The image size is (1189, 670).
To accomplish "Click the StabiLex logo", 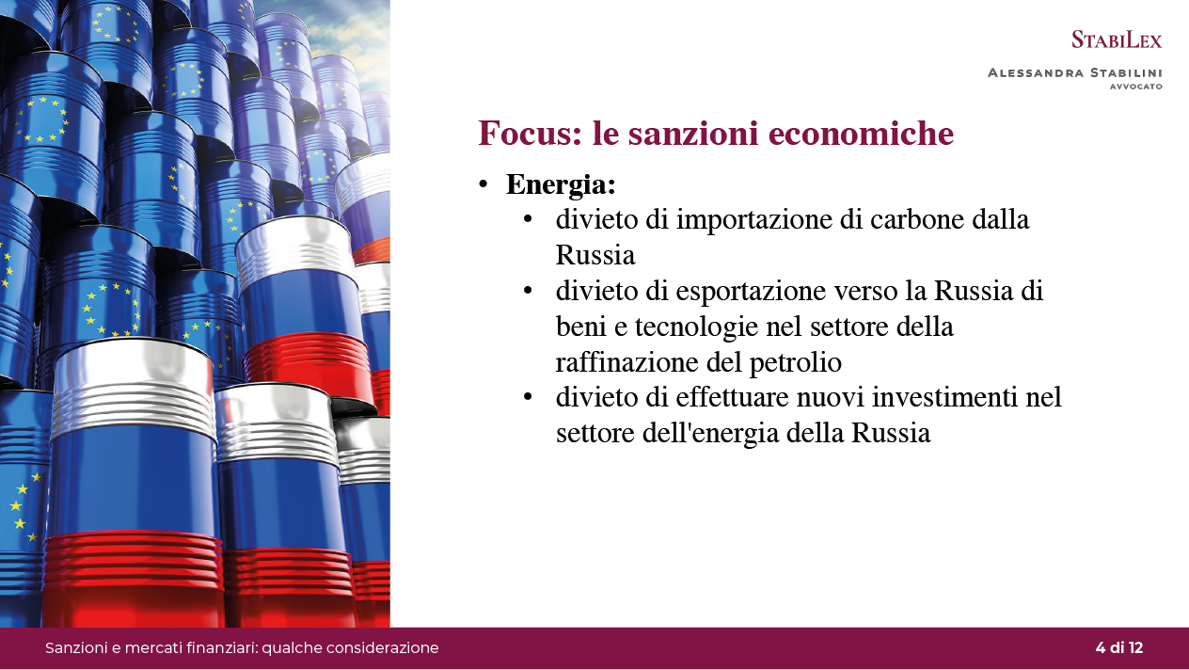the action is coord(1117,40).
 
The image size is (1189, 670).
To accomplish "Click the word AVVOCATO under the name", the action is coord(1136,87).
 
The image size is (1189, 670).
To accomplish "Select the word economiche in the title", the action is coord(861,133).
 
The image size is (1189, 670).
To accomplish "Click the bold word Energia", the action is coord(561,185).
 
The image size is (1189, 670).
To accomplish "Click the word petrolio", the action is coord(795,363).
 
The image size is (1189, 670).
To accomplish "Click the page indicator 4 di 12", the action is coord(1119,647).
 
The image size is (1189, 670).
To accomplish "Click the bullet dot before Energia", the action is coord(484,184).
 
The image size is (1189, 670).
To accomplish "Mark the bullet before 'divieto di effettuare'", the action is coord(528,397).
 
